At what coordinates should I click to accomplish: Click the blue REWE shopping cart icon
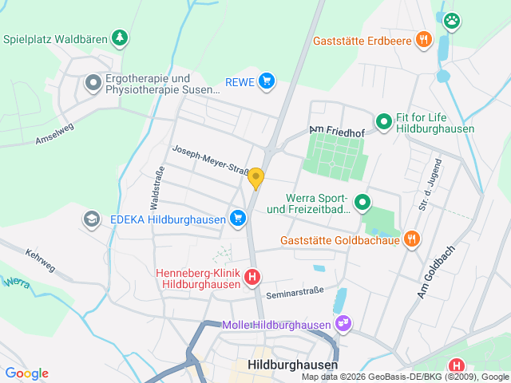[267, 81]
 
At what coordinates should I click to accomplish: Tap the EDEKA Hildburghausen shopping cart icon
[237, 217]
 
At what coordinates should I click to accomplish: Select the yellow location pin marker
[255, 178]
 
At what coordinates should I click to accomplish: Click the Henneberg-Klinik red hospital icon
[252, 278]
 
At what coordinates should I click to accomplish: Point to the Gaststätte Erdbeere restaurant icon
[424, 39]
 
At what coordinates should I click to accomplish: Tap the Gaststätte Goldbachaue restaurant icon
[412, 239]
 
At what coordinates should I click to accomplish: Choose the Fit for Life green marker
[384, 121]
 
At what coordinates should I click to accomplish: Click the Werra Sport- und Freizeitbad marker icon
[362, 203]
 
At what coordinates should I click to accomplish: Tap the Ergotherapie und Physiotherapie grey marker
[93, 81]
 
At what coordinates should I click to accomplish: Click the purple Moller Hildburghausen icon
[343, 324]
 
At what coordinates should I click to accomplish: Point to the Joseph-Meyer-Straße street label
[211, 160]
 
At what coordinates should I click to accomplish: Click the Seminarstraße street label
[295, 292]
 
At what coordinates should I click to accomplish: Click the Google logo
[26, 373]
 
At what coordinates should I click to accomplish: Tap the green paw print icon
[452, 21]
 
